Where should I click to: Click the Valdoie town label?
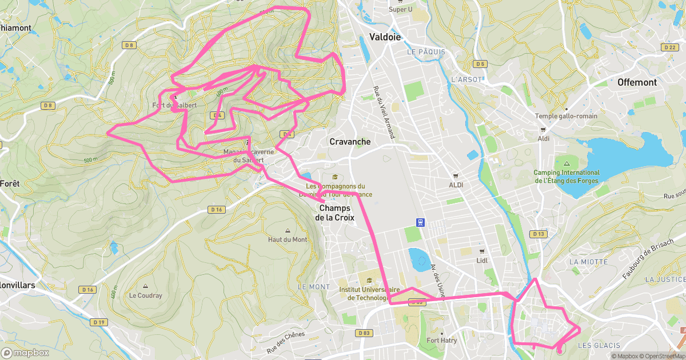(385, 37)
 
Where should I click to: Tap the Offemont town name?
(637, 82)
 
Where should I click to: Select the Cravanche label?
(350, 142)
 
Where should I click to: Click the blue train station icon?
(421, 222)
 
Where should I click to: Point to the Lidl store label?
(482, 261)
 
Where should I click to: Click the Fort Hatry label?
(442, 341)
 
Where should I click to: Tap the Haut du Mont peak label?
(288, 239)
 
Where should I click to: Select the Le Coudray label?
(145, 295)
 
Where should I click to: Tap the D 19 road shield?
(99, 322)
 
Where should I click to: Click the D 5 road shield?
(480, 64)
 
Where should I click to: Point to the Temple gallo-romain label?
(566, 116)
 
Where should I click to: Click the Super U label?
(400, 9)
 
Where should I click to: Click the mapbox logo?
(27, 353)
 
